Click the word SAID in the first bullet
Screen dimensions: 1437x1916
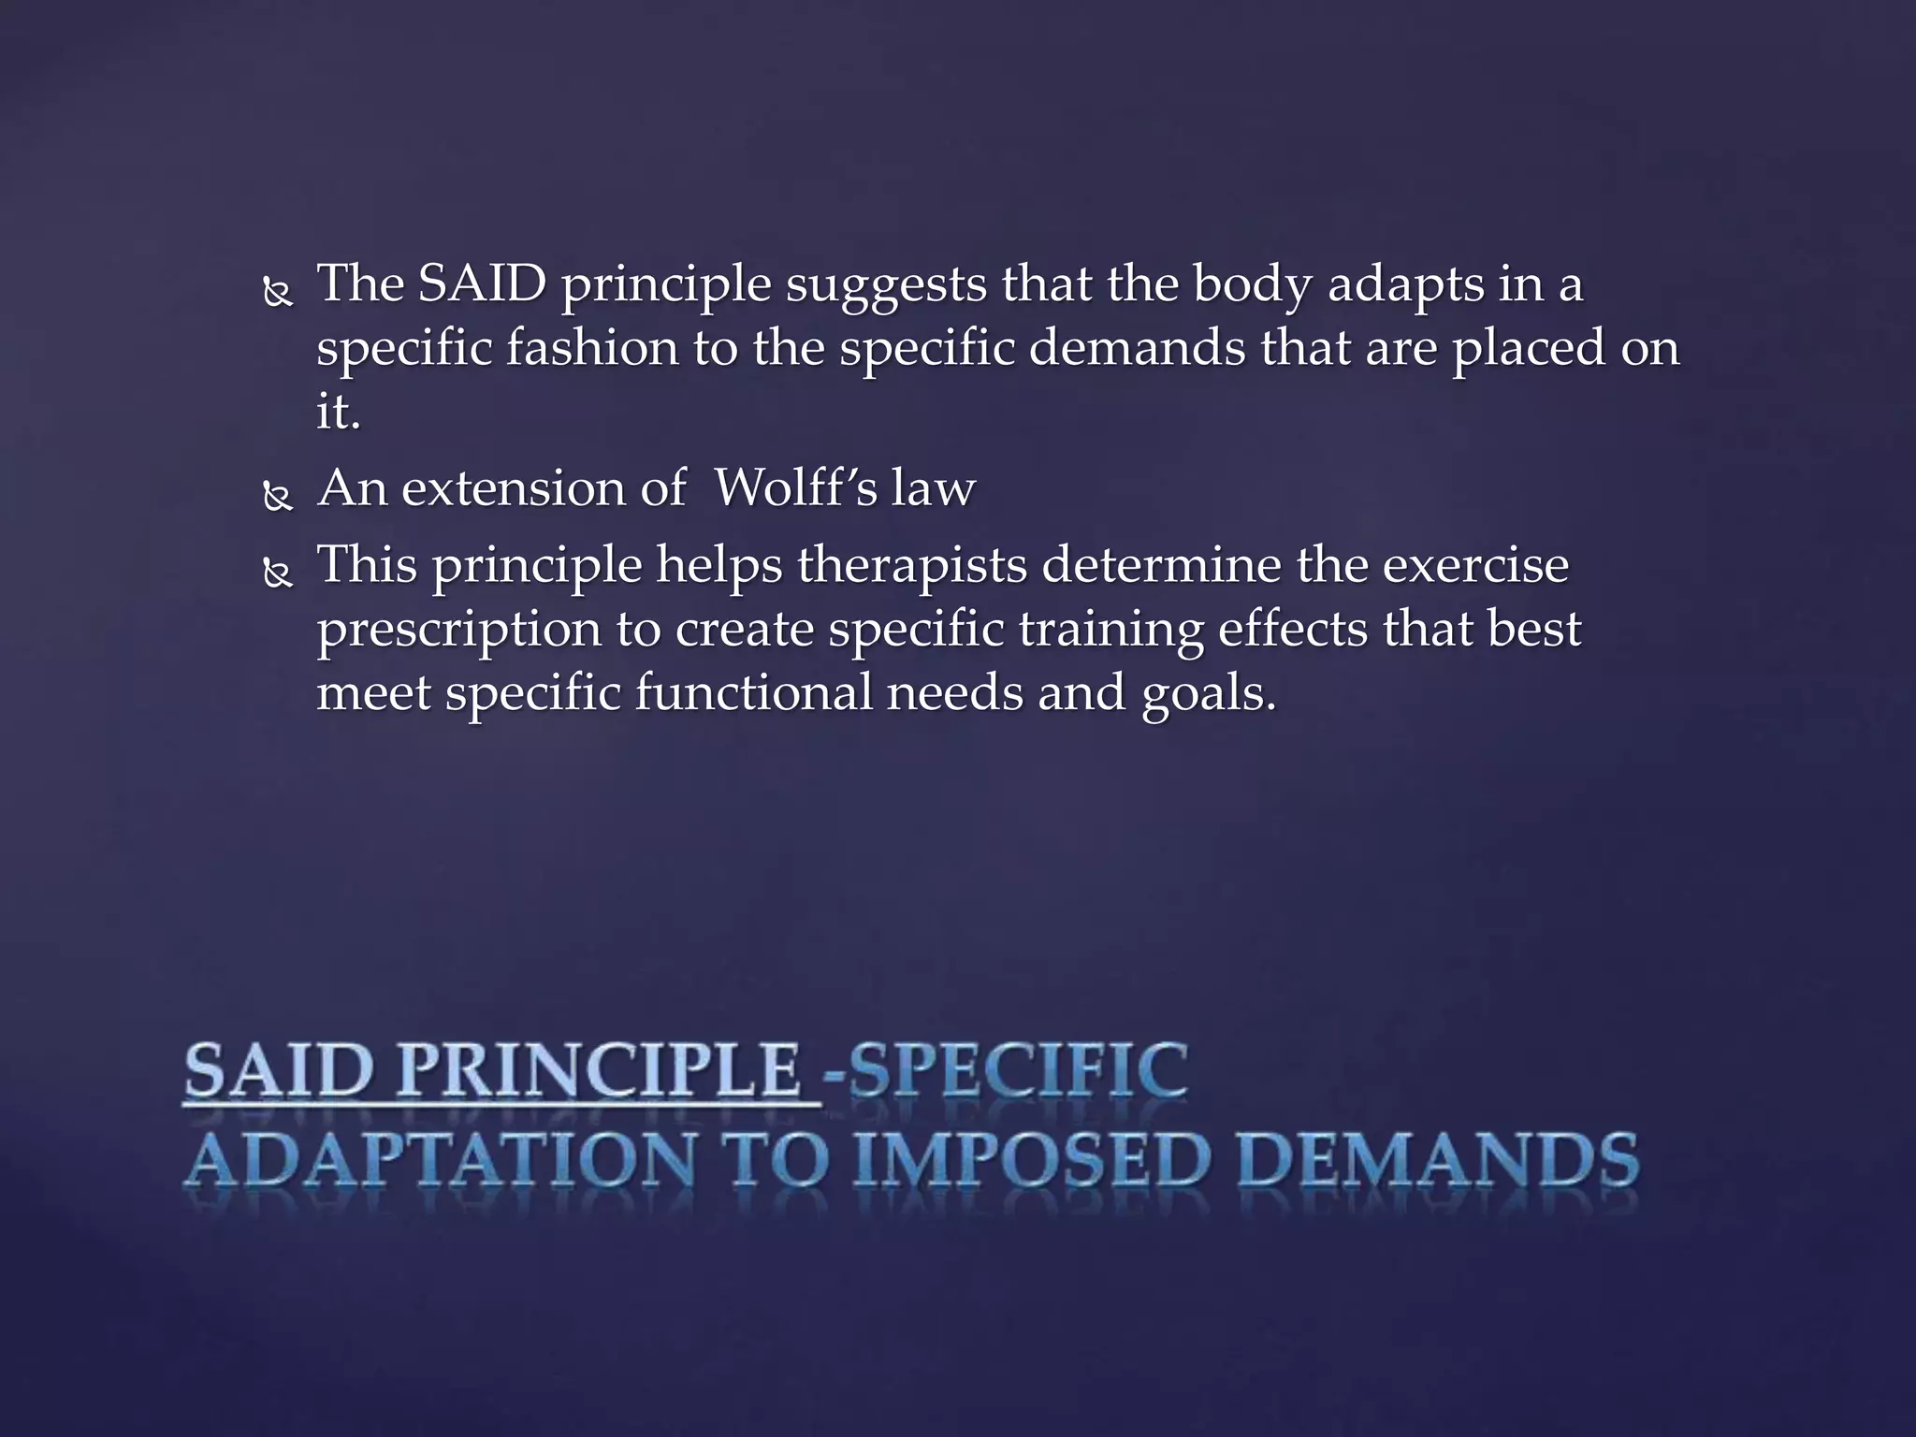pyautogui.click(x=482, y=283)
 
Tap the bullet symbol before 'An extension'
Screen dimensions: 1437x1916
pyautogui.click(x=278, y=497)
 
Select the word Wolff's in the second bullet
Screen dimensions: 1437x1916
pyautogui.click(x=795, y=488)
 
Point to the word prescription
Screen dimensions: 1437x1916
pyautogui.click(x=458, y=630)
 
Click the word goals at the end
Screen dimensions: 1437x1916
pyautogui.click(x=1208, y=694)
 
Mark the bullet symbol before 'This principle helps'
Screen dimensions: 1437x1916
pyautogui.click(x=278, y=573)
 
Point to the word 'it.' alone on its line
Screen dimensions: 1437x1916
pyautogui.click(x=338, y=412)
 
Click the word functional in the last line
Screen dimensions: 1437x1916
pyautogui.click(x=753, y=694)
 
